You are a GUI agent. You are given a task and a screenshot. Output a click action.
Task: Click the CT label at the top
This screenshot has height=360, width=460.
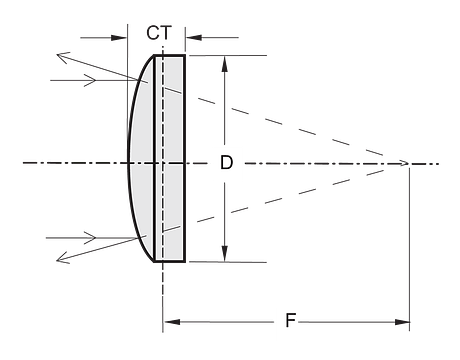(159, 33)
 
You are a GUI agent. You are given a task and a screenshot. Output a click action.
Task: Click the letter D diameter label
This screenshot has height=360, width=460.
(226, 163)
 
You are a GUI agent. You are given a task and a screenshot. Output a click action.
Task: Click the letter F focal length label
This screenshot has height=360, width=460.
(291, 320)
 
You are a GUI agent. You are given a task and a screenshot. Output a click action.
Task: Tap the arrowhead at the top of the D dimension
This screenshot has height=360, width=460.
(225, 64)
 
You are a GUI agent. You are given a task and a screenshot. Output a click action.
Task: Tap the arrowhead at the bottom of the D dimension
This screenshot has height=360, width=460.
(225, 254)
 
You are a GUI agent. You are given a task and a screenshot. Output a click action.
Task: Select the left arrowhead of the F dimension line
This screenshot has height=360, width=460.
(172, 322)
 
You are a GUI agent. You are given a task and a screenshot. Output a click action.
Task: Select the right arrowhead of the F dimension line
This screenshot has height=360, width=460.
(402, 322)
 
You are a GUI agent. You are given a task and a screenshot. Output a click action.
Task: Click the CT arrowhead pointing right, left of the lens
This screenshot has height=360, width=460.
(119, 38)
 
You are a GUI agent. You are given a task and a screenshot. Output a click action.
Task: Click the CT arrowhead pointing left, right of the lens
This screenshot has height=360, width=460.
(194, 37)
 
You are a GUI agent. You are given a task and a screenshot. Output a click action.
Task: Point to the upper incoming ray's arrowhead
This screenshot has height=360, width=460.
(90, 80)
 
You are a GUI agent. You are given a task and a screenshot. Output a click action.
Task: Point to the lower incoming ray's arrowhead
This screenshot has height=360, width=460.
(90, 238)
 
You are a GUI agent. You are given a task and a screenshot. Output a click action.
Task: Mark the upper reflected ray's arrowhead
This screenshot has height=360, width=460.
(63, 57)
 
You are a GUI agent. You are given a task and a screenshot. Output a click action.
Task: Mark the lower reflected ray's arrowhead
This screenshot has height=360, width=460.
(63, 258)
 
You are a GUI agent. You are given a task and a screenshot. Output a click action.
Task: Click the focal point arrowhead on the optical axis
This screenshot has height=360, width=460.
(403, 163)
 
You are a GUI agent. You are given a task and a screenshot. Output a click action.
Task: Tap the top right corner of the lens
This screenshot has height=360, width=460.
(185, 55)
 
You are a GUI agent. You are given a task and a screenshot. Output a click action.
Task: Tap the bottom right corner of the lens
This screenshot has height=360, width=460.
(185, 262)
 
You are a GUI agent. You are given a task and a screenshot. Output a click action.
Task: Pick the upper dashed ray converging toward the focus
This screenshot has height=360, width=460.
(273, 122)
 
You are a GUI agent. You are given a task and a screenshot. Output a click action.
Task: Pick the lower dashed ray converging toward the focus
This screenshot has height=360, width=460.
(273, 201)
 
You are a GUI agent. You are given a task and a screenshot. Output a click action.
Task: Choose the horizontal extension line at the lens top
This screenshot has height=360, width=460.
(228, 55)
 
